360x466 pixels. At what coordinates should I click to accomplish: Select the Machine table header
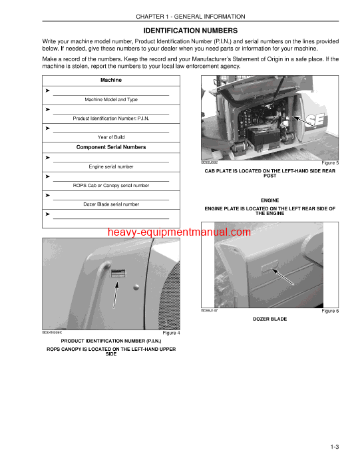(111, 80)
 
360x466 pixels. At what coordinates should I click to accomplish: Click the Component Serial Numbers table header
(111, 147)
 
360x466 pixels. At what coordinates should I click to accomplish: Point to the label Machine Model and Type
(111, 99)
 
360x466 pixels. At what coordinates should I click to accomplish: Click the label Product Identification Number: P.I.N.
(111, 118)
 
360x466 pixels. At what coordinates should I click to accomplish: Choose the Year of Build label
(111, 136)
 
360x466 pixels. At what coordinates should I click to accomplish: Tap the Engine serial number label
(111, 166)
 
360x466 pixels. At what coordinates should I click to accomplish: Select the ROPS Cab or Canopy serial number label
(111, 185)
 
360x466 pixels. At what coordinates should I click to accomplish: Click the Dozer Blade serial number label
(111, 204)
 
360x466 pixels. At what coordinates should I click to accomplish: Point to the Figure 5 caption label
(330, 162)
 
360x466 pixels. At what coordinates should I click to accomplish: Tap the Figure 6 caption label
(330, 311)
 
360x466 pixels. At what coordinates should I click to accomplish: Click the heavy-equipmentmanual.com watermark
(179, 232)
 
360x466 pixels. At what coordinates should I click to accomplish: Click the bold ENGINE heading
(270, 200)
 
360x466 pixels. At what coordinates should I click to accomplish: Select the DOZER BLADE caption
(270, 319)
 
